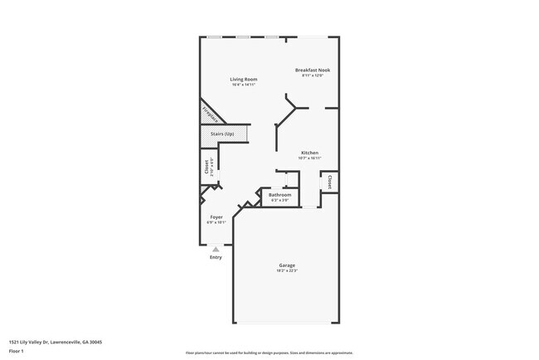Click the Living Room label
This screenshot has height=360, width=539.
click(244, 80)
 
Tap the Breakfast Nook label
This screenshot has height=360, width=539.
click(313, 71)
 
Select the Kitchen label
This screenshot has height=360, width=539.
click(310, 153)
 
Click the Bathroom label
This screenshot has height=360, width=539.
click(280, 196)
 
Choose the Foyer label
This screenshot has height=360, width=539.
click(216, 217)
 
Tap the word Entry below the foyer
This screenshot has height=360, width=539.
click(216, 257)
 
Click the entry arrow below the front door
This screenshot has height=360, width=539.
click(216, 248)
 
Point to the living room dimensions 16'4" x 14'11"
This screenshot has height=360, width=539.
click(244, 85)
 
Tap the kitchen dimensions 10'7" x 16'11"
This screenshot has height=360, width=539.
click(310, 158)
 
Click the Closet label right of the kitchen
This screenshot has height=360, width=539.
click(330, 182)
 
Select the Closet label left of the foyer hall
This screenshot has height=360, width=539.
click(207, 167)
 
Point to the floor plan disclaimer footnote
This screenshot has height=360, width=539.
click(269, 353)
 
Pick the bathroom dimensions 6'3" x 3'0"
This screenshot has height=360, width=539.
click(280, 201)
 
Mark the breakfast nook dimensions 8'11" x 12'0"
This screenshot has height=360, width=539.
click(313, 75)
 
